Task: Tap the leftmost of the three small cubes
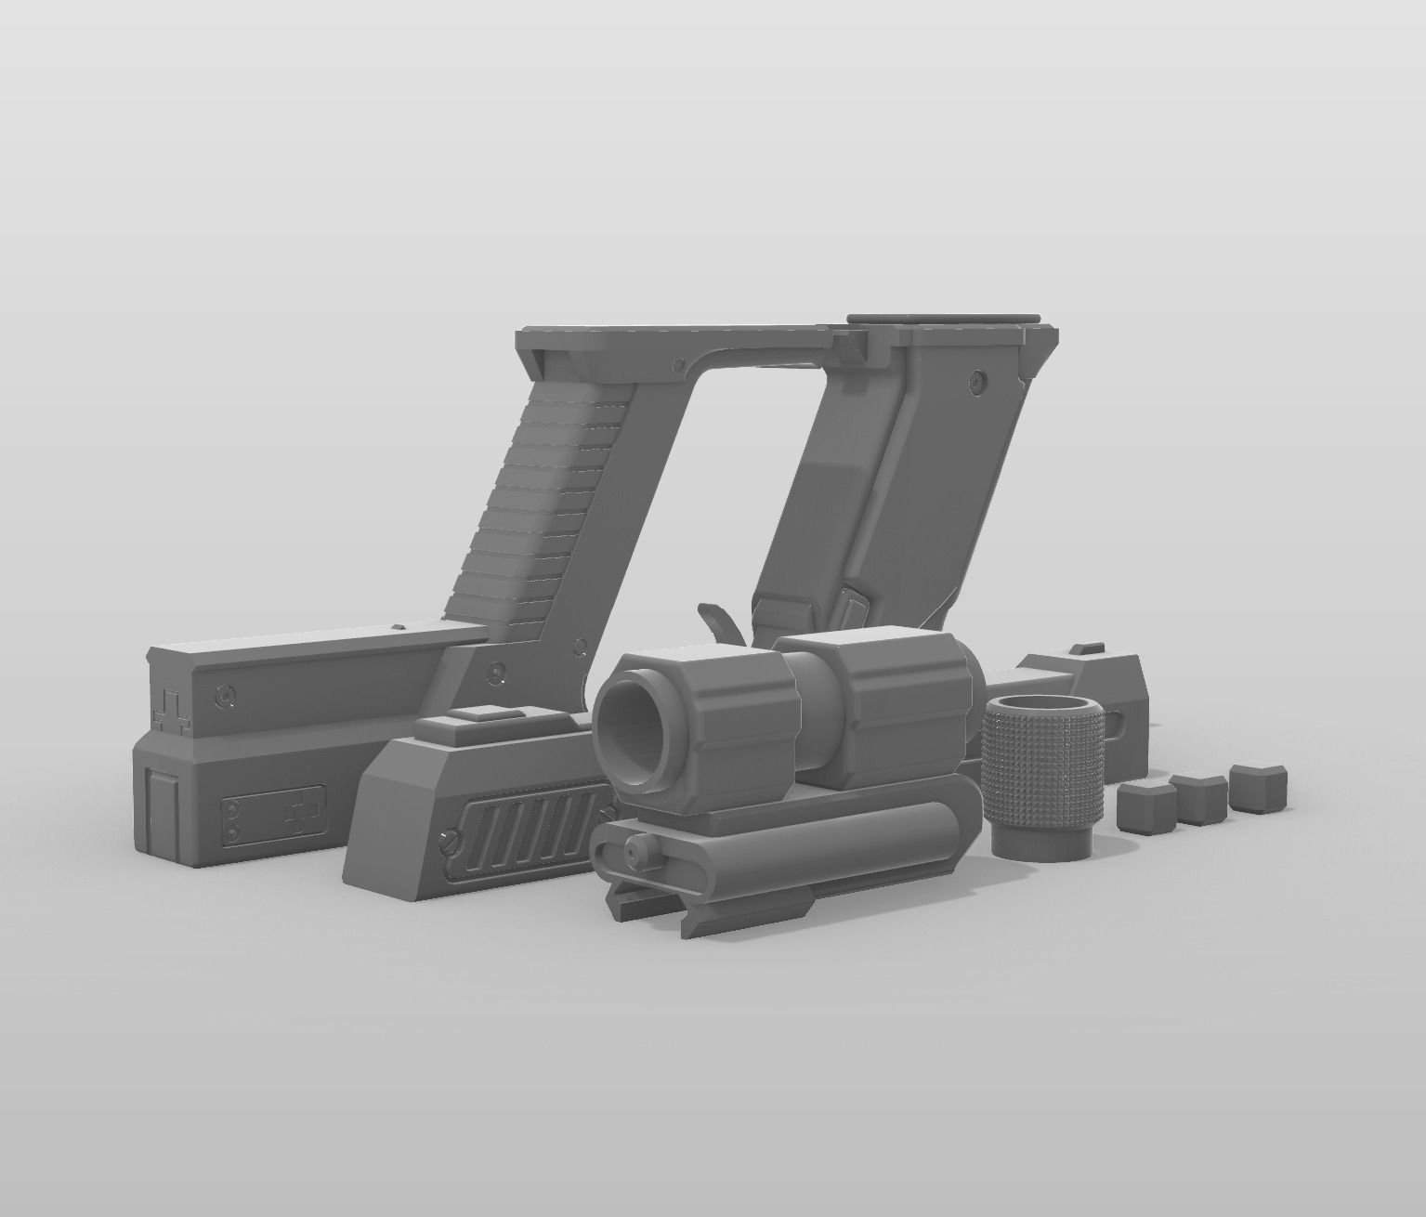tap(1142, 806)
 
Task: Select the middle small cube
tap(1196, 797)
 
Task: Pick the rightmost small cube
tap(1254, 786)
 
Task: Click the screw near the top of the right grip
tap(975, 380)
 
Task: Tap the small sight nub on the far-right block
tap(1082, 650)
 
